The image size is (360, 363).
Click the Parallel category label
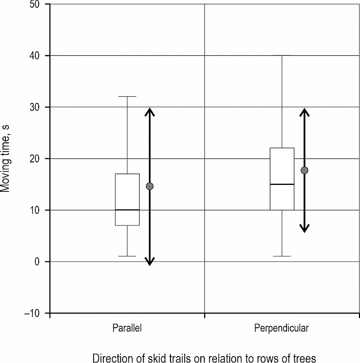(x=127, y=328)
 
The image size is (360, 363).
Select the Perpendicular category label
(x=282, y=328)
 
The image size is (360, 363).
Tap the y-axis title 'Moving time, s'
(x=7, y=158)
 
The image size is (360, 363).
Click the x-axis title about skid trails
(x=204, y=356)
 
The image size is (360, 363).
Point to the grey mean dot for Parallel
(x=150, y=186)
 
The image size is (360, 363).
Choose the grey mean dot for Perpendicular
(x=304, y=170)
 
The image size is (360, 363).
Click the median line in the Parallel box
(x=127, y=210)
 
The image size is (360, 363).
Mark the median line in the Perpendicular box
(x=282, y=184)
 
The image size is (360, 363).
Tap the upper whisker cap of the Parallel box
(x=127, y=97)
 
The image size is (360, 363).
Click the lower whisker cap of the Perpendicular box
(x=282, y=256)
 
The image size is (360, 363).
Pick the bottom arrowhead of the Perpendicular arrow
(x=304, y=228)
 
